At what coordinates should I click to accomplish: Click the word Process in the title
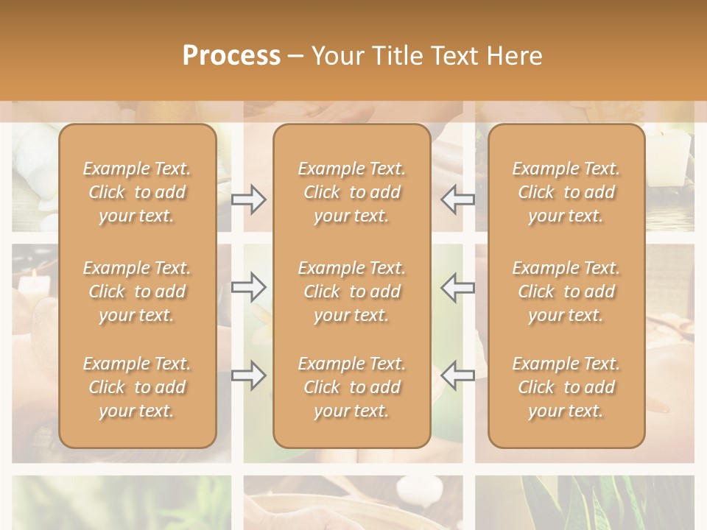pos(231,56)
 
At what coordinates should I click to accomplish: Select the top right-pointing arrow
pos(248,199)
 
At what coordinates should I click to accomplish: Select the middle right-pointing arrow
pos(248,287)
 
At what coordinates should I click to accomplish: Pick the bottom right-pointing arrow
pos(248,375)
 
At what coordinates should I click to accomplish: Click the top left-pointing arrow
pos(458,199)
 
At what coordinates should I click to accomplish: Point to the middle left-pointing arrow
pos(458,287)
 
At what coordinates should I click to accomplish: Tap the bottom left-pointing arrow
pos(458,375)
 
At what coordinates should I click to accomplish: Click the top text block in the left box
pos(137,192)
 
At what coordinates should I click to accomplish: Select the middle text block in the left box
pos(137,291)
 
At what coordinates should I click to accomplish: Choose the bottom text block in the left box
pos(137,387)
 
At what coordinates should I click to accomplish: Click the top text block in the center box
pos(352,192)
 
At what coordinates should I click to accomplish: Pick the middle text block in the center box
pos(352,291)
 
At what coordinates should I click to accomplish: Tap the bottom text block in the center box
pos(352,387)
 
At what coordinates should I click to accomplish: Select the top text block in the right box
pos(566,192)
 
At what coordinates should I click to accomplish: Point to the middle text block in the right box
pos(566,291)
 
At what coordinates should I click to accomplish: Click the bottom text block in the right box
pos(566,387)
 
